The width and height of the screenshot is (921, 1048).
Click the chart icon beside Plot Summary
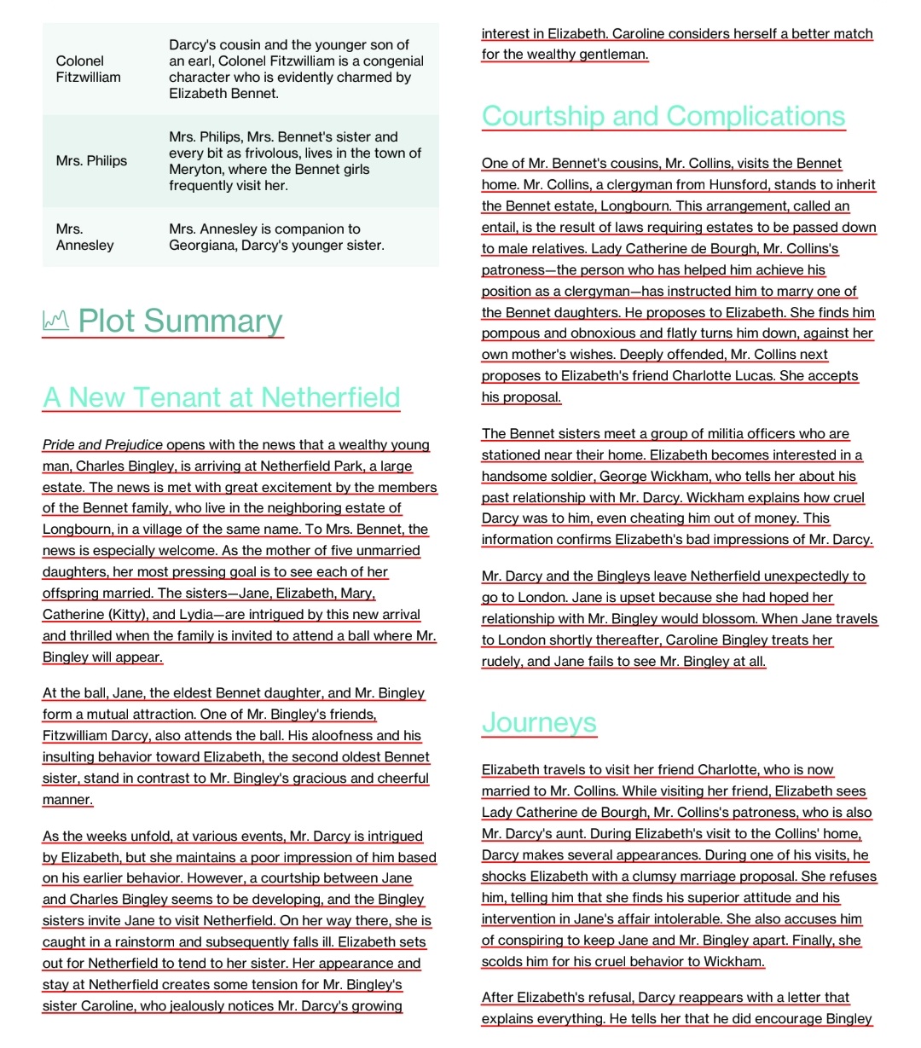click(x=55, y=321)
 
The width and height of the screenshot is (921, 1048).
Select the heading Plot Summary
click(x=180, y=321)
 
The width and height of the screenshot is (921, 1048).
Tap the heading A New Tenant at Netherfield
click(x=221, y=397)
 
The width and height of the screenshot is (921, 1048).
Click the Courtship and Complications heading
click(x=663, y=116)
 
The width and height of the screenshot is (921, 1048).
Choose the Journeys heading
click(x=538, y=722)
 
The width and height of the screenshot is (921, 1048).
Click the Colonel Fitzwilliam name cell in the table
click(x=88, y=69)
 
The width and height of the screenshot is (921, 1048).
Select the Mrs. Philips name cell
click(x=91, y=160)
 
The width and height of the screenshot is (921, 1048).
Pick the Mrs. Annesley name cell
click(x=84, y=237)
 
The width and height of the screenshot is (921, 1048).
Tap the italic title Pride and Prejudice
click(x=102, y=444)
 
